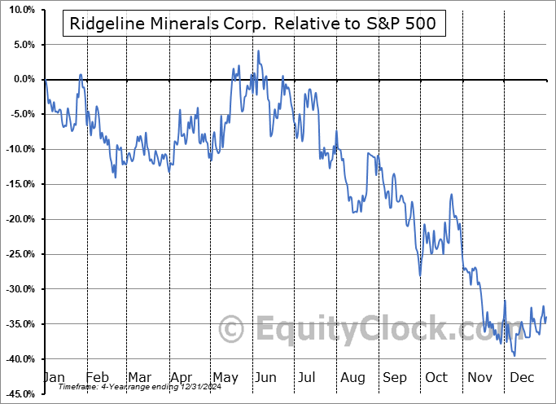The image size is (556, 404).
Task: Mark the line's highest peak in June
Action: (259, 51)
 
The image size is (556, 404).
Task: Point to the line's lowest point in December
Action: (514, 355)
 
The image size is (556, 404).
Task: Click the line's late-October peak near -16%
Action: (451, 195)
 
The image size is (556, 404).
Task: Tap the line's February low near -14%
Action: (115, 177)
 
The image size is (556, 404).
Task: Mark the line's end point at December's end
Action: (545, 317)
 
